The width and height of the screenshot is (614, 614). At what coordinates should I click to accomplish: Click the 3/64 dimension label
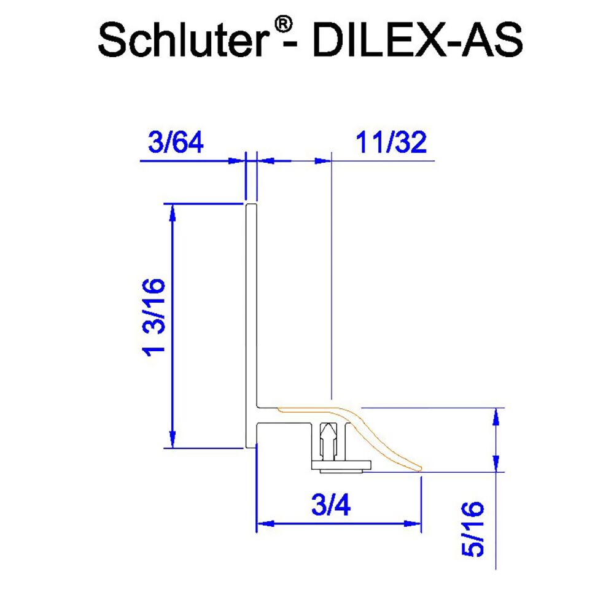[x=176, y=143]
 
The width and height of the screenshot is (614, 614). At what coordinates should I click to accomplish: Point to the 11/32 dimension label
[x=391, y=143]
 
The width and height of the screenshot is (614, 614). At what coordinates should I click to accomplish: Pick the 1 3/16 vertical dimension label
[x=153, y=316]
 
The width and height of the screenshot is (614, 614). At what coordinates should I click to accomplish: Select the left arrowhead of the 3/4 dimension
[x=264, y=524]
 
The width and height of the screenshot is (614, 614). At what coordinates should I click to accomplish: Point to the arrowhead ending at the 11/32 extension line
[x=322, y=161]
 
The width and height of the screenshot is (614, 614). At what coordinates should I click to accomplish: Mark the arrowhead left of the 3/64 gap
[x=237, y=161]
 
